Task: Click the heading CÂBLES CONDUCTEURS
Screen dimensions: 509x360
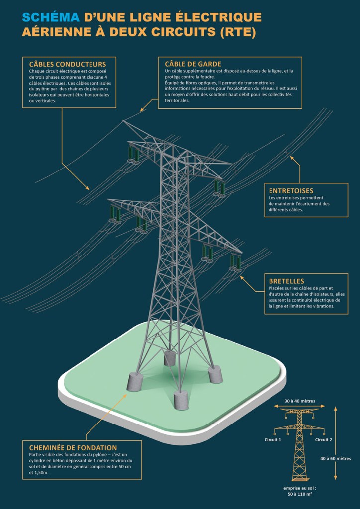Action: (68, 64)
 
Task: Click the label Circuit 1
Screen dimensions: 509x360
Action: (273, 439)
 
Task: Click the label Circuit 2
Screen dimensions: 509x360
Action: (323, 439)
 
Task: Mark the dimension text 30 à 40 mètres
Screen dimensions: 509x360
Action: (300, 401)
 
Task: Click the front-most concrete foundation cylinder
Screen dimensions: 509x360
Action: (181, 400)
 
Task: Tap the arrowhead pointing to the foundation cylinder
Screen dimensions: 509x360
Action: (125, 392)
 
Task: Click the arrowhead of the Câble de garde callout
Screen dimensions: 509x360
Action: (142, 110)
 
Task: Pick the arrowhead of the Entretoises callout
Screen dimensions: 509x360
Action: (292, 158)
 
